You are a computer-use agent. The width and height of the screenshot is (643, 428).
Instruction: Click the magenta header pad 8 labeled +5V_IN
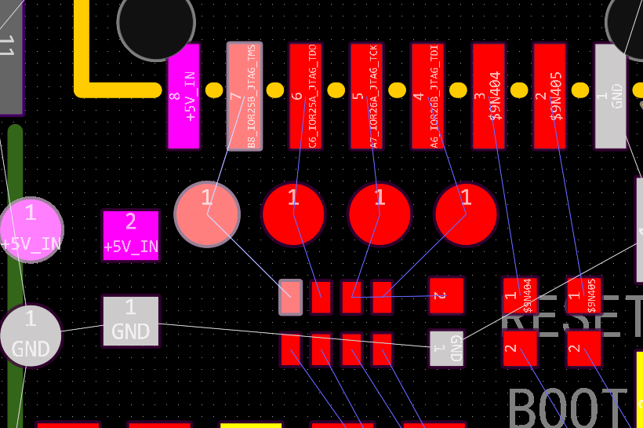click(183, 96)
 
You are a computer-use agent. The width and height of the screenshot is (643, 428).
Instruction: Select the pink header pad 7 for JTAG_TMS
click(244, 96)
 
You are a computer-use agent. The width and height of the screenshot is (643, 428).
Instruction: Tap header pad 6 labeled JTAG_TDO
click(305, 96)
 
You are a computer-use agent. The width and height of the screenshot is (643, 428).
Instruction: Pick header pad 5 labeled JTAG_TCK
click(366, 96)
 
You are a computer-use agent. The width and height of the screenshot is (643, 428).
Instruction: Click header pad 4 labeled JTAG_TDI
click(427, 96)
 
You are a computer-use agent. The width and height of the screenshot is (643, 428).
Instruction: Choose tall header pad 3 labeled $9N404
click(489, 96)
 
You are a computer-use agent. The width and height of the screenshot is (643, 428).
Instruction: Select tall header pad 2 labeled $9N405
click(550, 96)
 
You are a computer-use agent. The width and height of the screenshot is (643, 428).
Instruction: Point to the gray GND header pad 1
click(610, 96)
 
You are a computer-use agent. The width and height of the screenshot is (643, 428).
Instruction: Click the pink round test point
click(207, 214)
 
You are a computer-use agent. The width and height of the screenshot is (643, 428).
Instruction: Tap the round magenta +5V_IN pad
click(31, 229)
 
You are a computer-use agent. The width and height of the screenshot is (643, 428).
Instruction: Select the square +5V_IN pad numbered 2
click(131, 235)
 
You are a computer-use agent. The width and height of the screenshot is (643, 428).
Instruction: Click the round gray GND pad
click(31, 335)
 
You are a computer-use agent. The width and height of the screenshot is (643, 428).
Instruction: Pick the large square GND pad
click(131, 321)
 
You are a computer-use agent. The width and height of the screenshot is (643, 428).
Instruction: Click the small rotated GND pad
click(446, 348)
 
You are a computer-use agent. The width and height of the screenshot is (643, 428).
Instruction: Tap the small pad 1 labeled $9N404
click(520, 295)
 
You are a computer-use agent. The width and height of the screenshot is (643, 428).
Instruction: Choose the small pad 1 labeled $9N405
click(583, 295)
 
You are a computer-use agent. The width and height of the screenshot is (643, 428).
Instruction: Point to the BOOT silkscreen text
click(568, 407)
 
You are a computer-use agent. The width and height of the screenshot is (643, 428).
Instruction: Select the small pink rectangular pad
click(291, 298)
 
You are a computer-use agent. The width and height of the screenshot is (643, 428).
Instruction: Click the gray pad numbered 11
click(9, 55)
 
